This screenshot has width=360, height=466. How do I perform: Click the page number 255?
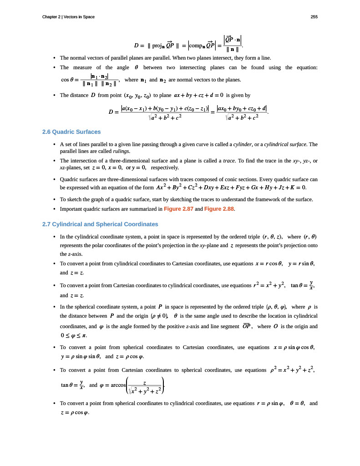pyautogui.click(x=314, y=17)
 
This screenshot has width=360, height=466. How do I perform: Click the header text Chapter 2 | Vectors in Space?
pyautogui.click(x=68, y=17)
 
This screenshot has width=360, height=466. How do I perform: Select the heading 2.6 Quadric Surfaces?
pyautogui.click(x=71, y=132)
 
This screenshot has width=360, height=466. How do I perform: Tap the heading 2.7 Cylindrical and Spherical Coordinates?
pyautogui.click(x=100, y=224)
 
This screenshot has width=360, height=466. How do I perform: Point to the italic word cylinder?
pyautogui.click(x=243, y=144)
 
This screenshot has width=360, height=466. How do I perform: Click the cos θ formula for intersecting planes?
pyautogui.click(x=89, y=80)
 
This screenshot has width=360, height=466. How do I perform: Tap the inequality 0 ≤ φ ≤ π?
pyautogui.click(x=73, y=336)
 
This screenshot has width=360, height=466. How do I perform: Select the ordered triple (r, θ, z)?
pyautogui.click(x=274, y=237)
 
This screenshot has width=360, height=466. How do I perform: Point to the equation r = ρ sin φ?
pyautogui.click(x=270, y=403)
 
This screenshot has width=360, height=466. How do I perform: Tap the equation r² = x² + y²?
pyautogui.click(x=269, y=285)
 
